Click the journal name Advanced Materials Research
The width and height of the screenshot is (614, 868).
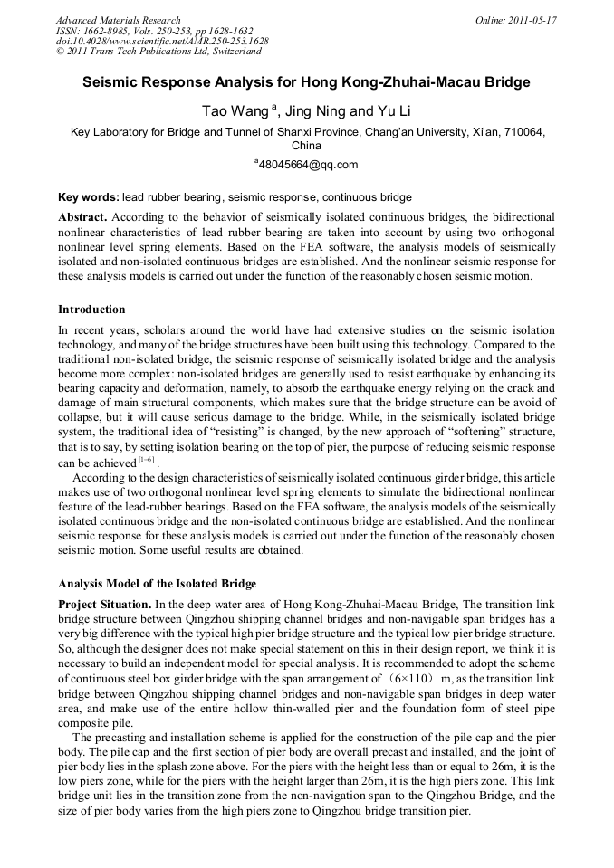pos(118,19)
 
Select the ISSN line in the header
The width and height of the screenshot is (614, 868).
pos(154,30)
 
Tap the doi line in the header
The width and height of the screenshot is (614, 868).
pos(162,41)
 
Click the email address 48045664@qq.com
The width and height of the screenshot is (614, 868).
pos(309,164)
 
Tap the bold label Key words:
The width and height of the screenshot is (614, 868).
pos(88,196)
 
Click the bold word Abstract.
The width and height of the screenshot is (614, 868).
pos(82,218)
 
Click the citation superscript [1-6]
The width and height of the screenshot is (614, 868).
pos(144,461)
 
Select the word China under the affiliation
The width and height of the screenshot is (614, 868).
pos(306,146)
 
